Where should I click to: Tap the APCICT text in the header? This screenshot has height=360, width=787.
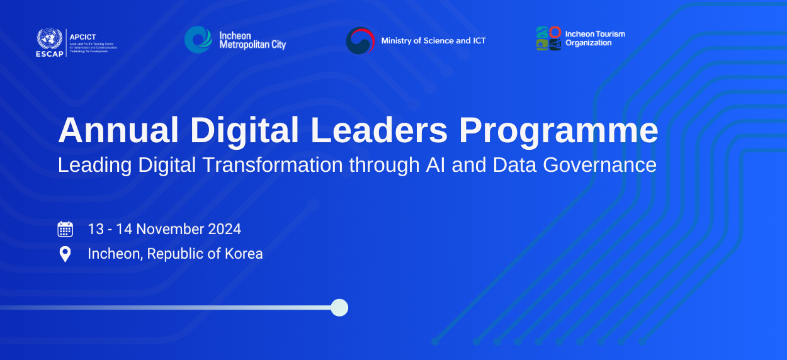tap(82, 37)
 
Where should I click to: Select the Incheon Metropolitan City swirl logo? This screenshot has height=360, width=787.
tap(198, 40)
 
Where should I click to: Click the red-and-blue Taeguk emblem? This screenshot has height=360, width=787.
tap(360, 41)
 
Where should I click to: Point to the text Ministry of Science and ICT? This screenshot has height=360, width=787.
tap(433, 41)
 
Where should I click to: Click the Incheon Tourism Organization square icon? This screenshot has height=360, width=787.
tap(548, 38)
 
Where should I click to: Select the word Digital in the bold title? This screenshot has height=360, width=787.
tap(244, 130)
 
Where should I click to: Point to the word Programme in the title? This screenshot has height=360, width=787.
tap(558, 130)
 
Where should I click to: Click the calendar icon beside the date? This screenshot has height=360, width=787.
tap(65, 229)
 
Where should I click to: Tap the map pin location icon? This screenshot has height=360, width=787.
tap(65, 254)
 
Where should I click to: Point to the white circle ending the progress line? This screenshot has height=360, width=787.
tap(339, 307)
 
